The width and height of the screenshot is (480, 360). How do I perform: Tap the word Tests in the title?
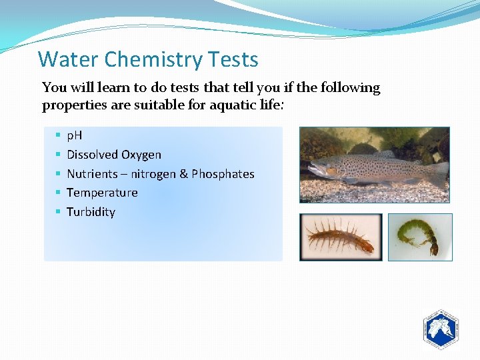[233, 60]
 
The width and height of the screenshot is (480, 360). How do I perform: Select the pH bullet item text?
[75, 136]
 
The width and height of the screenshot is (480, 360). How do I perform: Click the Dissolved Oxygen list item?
[114, 155]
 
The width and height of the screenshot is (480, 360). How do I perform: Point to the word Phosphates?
[223, 174]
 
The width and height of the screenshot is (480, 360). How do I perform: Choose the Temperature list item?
[102, 193]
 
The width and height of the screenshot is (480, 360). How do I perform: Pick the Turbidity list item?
[91, 212]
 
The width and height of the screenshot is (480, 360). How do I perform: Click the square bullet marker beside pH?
[59, 136]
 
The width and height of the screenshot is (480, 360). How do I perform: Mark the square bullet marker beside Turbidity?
[59, 212]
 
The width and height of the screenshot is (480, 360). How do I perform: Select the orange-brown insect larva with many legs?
[340, 237]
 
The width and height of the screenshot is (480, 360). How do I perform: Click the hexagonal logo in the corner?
[440, 329]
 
